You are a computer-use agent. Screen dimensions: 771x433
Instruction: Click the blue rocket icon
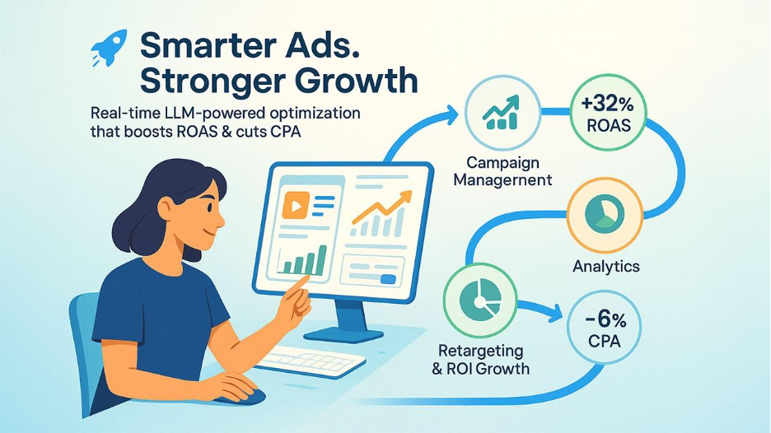pyautogui.click(x=110, y=47)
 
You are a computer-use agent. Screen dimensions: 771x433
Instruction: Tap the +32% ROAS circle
pyautogui.click(x=608, y=114)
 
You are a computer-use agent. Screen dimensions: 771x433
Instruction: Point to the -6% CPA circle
pyautogui.click(x=605, y=328)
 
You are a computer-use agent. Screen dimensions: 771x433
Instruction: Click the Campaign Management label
pyautogui.click(x=502, y=171)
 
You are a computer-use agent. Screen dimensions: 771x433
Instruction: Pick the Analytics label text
pyautogui.click(x=605, y=267)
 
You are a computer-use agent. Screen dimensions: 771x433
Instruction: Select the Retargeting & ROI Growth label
pyautogui.click(x=480, y=360)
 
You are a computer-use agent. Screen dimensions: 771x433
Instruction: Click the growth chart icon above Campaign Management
pyautogui.click(x=502, y=113)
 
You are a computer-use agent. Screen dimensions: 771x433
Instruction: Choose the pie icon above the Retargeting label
pyautogui.click(x=480, y=300)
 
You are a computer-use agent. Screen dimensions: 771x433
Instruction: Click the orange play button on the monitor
pyautogui.click(x=296, y=205)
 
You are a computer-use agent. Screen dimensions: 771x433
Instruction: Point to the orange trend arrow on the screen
pyautogui.click(x=381, y=207)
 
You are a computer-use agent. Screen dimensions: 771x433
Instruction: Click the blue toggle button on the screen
pyautogui.click(x=388, y=279)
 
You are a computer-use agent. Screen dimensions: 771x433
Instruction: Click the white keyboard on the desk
pyautogui.click(x=310, y=361)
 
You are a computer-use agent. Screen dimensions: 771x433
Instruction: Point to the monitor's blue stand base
pyautogui.click(x=343, y=335)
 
